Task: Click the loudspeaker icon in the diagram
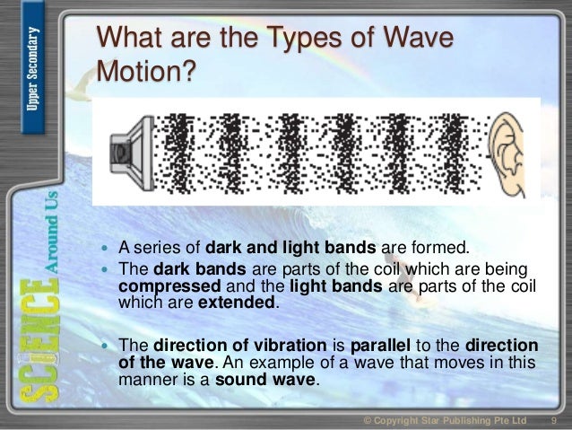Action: tap(128, 146)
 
